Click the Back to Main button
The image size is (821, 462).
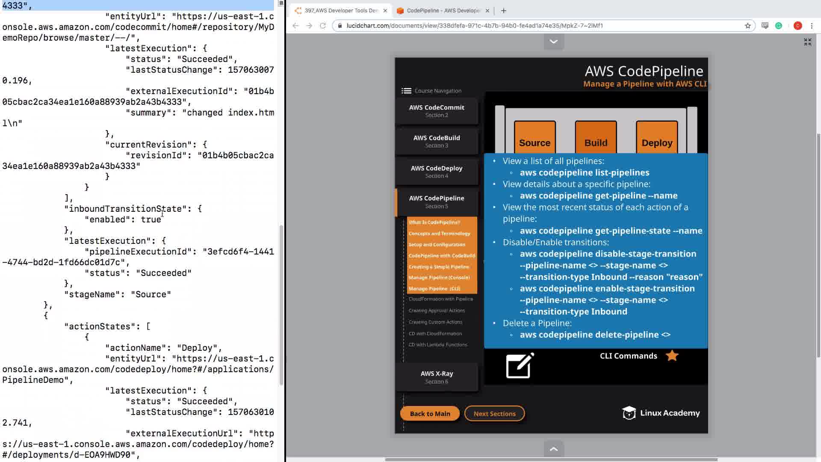pos(430,414)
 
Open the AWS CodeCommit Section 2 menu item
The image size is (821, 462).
pos(437,111)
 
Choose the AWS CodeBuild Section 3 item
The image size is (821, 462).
pos(437,141)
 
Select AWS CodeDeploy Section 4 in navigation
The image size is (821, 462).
pos(437,172)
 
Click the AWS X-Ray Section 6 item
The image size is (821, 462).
pos(437,377)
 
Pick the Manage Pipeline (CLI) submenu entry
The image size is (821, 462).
pos(434,289)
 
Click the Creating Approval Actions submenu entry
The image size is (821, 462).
pos(437,311)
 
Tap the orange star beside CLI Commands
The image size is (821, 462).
pos(672,355)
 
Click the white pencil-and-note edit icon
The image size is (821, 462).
pos(520,366)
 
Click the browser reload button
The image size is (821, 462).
pos(323,26)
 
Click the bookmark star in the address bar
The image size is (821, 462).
pos(748,26)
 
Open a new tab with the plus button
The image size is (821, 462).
pos(504,11)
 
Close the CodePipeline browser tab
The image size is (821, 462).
pos(487,11)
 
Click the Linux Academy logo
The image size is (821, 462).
pos(661,413)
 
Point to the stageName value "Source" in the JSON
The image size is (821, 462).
pos(151,294)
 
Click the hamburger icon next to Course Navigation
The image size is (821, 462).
pos(406,91)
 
